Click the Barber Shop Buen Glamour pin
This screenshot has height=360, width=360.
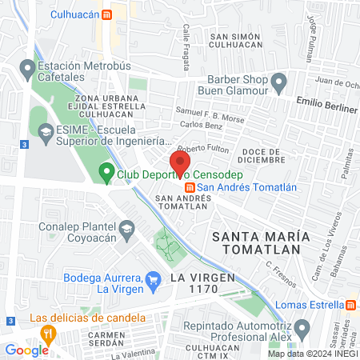point(279,81)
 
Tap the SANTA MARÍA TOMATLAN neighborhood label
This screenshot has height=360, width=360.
point(256,242)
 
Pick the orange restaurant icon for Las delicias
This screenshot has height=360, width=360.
point(48,332)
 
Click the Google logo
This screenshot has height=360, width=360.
point(26,350)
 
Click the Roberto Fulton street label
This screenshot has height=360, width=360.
point(202,150)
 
